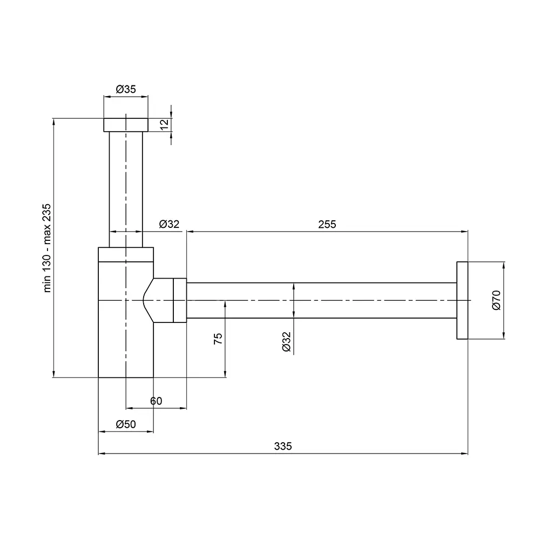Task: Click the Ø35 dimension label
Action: (126, 89)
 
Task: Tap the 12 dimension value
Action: (165, 124)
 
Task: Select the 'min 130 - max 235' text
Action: (47, 248)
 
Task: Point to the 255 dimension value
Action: (327, 224)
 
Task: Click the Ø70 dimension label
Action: (496, 300)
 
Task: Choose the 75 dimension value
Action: (218, 339)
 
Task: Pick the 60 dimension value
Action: (156, 401)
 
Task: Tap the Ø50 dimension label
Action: (126, 424)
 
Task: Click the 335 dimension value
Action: (283, 446)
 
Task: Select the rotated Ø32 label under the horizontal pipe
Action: (287, 342)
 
